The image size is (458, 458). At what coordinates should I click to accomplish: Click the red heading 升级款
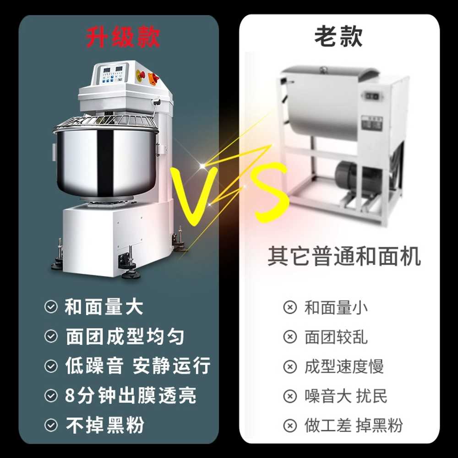pyautogui.click(x=123, y=38)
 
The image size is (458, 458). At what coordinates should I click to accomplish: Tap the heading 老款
pyautogui.click(x=338, y=36)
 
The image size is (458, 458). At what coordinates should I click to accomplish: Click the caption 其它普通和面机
pyautogui.click(x=344, y=256)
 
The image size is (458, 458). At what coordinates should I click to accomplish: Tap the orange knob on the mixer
pyautogui.click(x=154, y=78)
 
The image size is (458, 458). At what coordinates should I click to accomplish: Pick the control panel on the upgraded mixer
pyautogui.click(x=113, y=74)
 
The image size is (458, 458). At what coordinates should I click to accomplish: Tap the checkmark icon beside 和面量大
pyautogui.click(x=51, y=307)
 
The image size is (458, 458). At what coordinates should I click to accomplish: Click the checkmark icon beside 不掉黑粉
pyautogui.click(x=51, y=425)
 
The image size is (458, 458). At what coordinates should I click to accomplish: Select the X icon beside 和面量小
pyautogui.click(x=290, y=307)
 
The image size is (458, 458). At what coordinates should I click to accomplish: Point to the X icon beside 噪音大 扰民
pyautogui.click(x=290, y=396)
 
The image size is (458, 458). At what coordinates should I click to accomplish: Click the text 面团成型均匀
pyautogui.click(x=125, y=337)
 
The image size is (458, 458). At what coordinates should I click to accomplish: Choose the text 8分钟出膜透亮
pyautogui.click(x=131, y=396)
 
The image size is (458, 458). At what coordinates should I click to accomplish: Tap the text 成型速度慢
pyautogui.click(x=344, y=366)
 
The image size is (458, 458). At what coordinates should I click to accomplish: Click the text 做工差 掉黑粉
pyautogui.click(x=354, y=425)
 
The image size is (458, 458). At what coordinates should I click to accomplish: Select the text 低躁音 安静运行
pyautogui.click(x=138, y=365)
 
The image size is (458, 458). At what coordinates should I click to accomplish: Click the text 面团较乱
pyautogui.click(x=336, y=337)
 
